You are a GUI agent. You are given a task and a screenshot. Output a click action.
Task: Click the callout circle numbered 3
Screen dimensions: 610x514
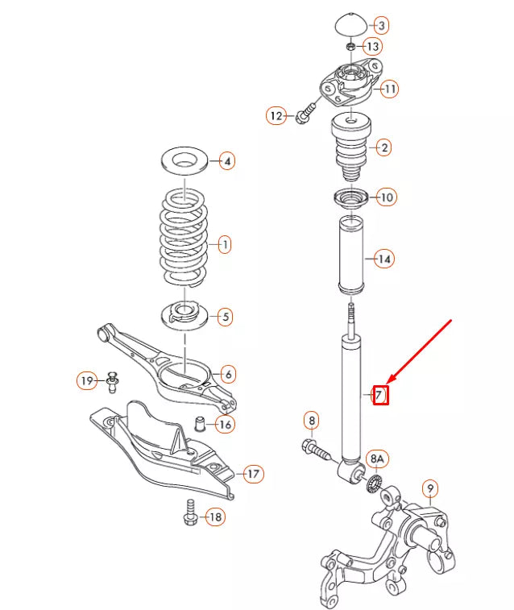point(381,26)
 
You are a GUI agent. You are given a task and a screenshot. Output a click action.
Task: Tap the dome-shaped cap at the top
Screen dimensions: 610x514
point(350,24)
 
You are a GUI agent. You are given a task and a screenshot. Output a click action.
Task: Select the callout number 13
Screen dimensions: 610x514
point(372,47)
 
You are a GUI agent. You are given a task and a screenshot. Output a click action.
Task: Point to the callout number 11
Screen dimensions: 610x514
point(389,89)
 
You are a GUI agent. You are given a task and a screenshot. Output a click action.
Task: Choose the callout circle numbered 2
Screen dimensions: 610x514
point(384,147)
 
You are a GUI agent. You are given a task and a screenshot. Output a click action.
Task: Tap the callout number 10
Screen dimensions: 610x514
point(387,197)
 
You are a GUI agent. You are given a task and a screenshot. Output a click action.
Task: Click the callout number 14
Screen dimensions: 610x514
point(384,259)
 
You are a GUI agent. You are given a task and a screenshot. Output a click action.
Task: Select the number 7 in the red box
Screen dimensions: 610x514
point(379,396)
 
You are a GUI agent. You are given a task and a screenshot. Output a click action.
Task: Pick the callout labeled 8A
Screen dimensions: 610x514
point(378,460)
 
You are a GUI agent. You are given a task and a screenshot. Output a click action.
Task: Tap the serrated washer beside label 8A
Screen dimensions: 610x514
point(373,485)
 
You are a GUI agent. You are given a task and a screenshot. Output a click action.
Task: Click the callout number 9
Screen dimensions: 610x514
point(430,488)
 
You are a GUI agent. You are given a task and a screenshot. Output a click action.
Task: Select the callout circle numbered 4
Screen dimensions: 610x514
point(227,161)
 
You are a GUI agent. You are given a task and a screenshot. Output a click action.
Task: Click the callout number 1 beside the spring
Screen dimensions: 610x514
point(225,243)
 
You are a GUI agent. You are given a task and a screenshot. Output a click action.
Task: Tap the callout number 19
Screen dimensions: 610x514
point(87,380)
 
